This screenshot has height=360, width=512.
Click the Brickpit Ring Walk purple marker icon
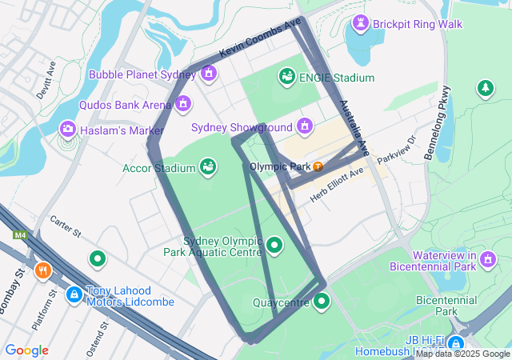[360, 24]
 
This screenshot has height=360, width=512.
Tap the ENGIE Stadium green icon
[286, 77]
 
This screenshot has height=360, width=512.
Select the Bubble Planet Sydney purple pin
[209, 74]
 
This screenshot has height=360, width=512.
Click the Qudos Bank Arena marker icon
[184, 104]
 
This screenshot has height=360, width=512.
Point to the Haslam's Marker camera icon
[68, 129]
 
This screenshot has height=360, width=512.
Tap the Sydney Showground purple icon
[304, 126]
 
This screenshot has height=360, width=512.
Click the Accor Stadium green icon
[208, 167]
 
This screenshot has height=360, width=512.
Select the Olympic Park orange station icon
[318, 166]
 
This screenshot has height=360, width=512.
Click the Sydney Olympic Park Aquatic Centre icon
[275, 245]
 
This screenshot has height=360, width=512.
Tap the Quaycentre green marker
[322, 302]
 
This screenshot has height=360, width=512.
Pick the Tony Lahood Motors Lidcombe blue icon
[74, 294]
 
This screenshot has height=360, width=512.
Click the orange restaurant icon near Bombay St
[43, 270]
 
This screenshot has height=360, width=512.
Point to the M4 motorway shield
[19, 235]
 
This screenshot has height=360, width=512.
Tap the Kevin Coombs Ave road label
[260, 37]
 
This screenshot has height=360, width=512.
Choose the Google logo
[26, 350]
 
